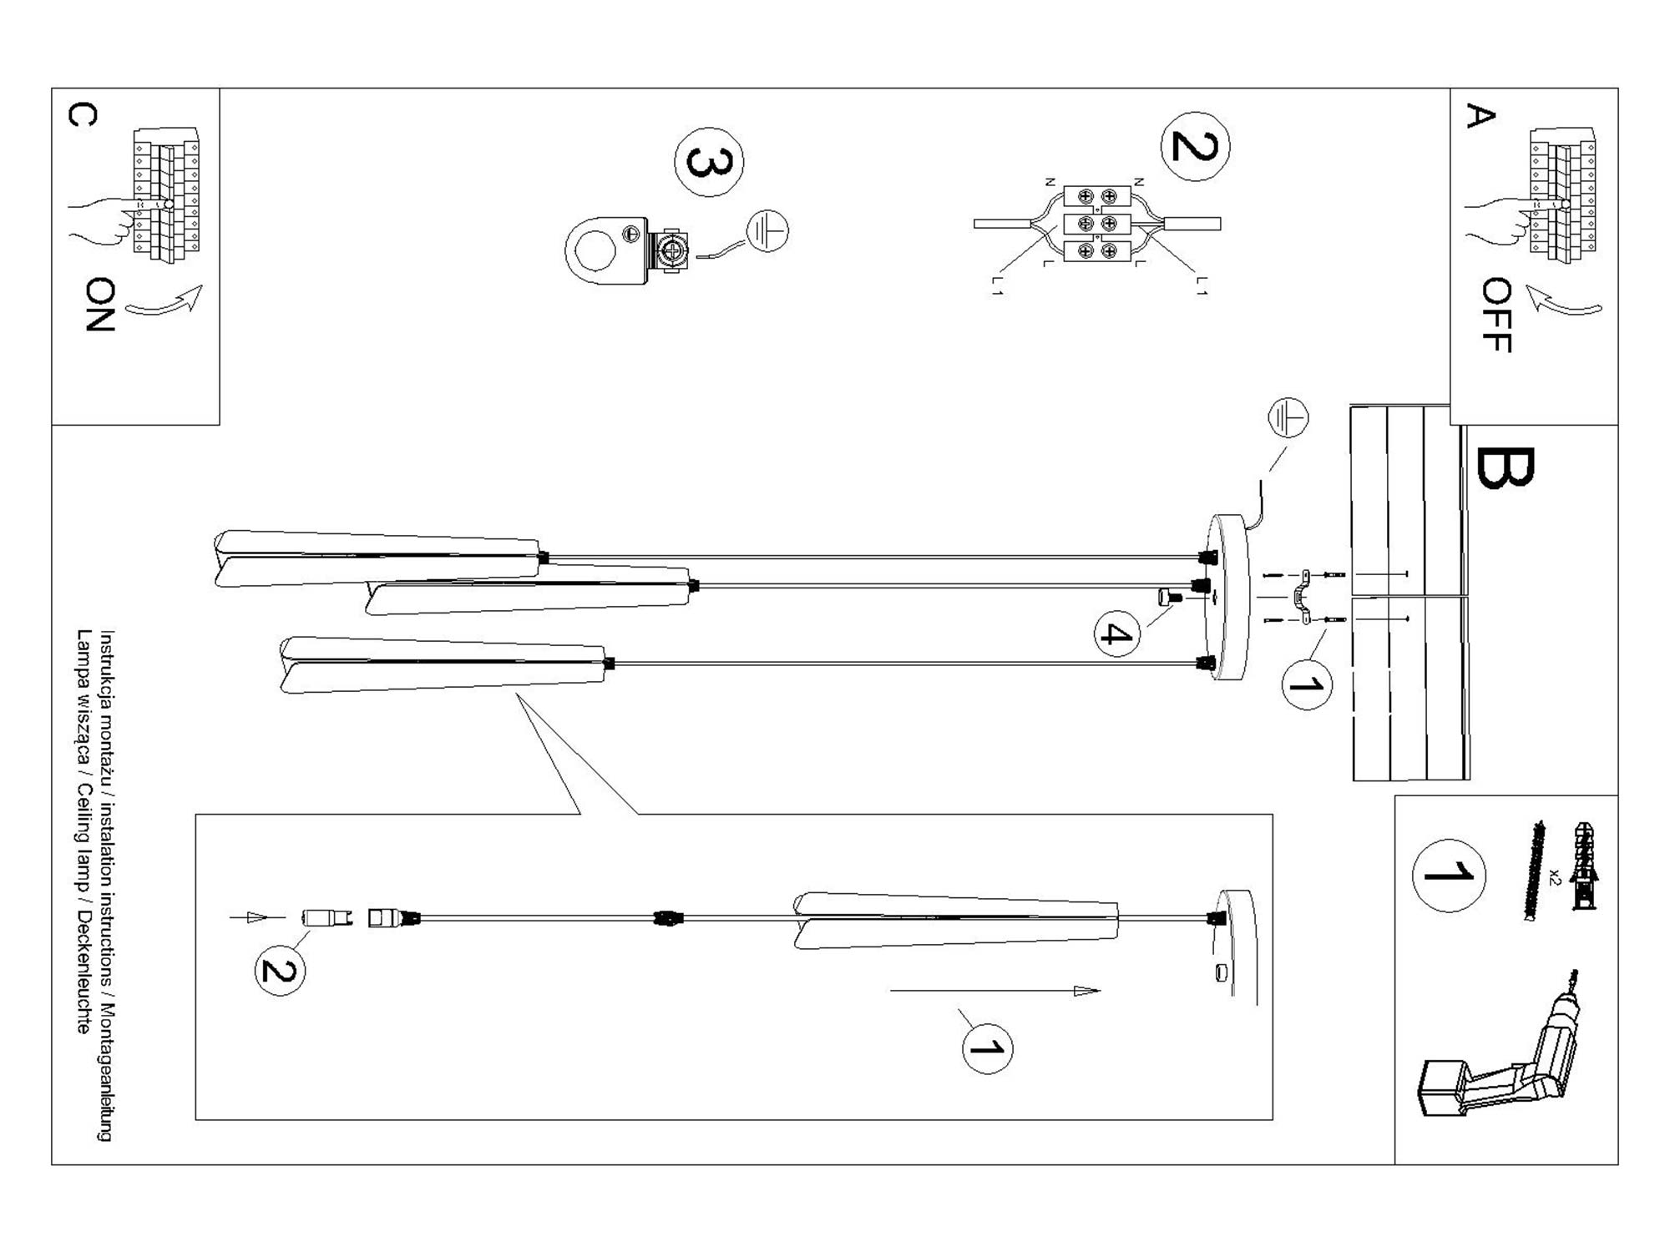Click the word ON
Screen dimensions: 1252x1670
(100, 305)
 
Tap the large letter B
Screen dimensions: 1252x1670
(1505, 468)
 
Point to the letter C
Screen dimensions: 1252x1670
(82, 114)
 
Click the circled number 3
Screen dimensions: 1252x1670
(709, 162)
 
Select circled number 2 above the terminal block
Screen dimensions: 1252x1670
(1195, 146)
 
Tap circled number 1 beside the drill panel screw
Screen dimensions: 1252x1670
(1449, 875)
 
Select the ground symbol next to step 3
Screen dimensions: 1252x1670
(767, 230)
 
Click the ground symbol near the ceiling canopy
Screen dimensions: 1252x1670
(1288, 418)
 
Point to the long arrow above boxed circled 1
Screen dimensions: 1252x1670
(994, 991)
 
